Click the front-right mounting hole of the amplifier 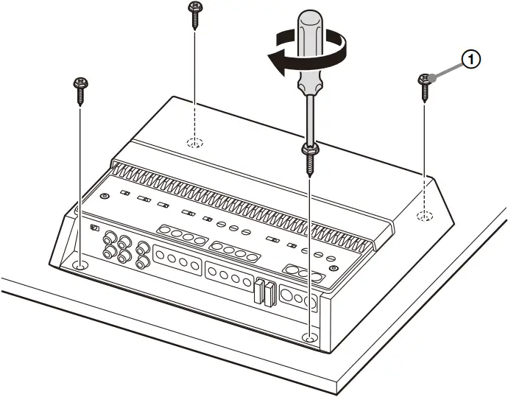coord(310,337)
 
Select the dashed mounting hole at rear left coord(194,142)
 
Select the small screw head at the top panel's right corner coord(336,270)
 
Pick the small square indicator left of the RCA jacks coord(94,228)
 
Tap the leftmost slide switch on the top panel coord(126,194)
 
